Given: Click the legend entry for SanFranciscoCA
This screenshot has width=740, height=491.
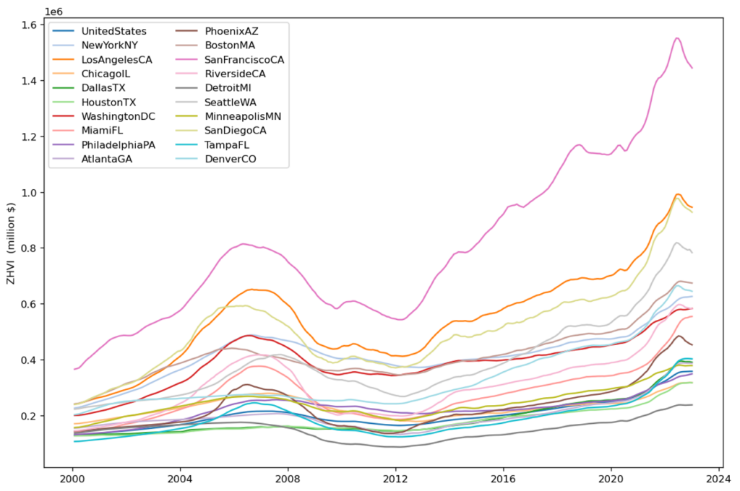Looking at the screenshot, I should [244, 59].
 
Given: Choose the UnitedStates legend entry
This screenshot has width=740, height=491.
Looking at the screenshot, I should [113, 31].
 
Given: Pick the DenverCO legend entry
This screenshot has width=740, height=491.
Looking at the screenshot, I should [233, 158].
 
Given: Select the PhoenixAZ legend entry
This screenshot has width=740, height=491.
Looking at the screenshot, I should [231, 31].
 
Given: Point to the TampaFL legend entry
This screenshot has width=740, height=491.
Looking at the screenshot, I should [230, 144].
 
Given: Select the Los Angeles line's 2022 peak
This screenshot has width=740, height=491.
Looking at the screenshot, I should [678, 194].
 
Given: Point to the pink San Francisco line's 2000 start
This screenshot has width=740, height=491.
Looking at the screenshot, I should [73, 369].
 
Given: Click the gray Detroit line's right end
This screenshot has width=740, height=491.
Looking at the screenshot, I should [692, 404].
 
